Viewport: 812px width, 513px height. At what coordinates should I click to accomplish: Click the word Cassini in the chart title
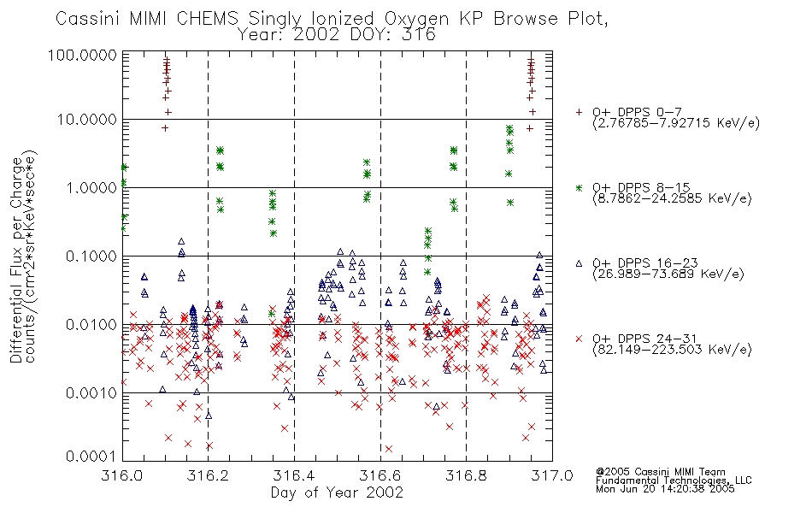point(88,19)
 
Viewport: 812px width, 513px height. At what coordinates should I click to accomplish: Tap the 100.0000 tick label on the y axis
point(82,55)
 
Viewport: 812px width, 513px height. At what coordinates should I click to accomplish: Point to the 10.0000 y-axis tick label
point(87,120)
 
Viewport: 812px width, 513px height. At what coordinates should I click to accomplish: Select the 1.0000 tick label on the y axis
point(91,187)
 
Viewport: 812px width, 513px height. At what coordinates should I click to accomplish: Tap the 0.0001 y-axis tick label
point(91,457)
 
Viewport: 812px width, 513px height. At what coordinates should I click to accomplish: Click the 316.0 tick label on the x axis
point(122,475)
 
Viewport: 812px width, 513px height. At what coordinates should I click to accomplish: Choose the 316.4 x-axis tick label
point(294,475)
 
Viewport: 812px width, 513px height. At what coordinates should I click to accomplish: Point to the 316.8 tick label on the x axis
point(466,475)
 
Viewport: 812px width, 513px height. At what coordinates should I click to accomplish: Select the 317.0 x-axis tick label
point(552,475)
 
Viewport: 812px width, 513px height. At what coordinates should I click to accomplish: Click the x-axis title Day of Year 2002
point(337,492)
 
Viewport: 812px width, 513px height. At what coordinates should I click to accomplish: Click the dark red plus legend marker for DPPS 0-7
point(579,112)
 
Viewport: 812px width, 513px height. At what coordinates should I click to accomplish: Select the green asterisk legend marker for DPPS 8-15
point(579,187)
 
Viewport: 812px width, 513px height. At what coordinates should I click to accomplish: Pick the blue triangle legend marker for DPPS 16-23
point(579,263)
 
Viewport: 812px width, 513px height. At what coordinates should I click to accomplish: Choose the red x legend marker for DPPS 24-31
point(579,339)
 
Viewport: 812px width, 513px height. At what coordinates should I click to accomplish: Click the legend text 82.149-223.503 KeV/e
point(672,350)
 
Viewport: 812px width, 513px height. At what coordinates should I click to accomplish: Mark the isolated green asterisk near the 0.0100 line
point(271,314)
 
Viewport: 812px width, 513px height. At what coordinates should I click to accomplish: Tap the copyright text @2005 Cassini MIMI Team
point(660,472)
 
